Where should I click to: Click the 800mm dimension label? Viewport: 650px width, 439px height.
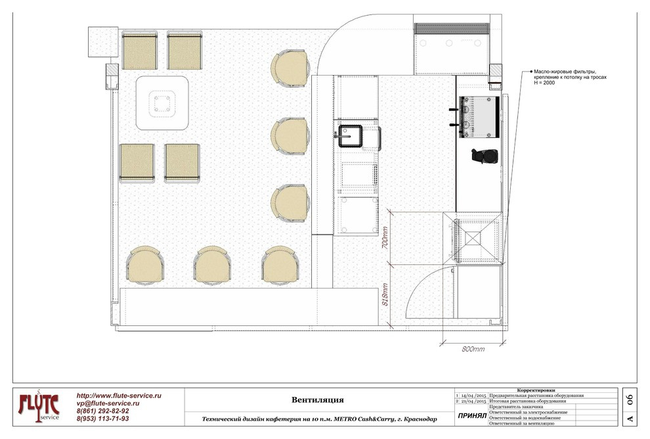473,350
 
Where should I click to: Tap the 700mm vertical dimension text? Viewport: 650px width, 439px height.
385,237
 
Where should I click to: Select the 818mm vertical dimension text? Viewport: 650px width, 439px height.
385,294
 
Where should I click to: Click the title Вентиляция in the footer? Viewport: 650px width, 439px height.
318,400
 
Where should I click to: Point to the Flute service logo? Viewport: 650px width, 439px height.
38,407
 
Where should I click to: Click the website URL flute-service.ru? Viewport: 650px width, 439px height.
119,396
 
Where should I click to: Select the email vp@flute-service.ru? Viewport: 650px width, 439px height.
108,404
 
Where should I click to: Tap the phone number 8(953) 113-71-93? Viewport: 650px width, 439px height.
103,419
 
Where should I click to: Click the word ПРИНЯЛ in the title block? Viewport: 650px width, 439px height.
472,416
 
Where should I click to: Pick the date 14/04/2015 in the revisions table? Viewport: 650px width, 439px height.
473,396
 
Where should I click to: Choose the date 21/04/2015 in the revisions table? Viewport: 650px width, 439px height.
473,402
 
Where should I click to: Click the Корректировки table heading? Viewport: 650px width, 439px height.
536,390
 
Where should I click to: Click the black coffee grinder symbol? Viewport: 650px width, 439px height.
485,156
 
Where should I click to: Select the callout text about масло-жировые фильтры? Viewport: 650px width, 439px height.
570,77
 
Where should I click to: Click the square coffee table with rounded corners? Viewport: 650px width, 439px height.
163,103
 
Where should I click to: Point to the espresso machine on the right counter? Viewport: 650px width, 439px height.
477,117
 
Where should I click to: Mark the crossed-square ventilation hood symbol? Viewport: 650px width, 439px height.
473,238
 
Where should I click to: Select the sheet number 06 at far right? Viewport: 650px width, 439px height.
630,400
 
